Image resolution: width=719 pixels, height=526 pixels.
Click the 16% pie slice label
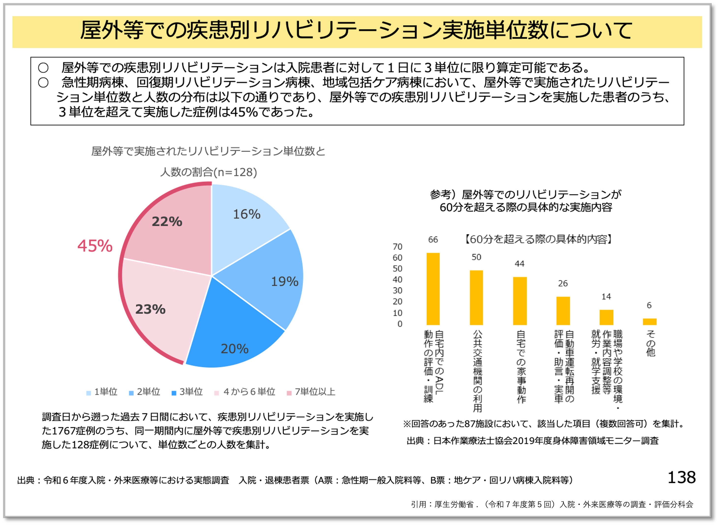tap(247, 214)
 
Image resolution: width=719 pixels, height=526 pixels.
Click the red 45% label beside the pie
tap(95, 246)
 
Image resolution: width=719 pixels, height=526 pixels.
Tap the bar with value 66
tap(433, 289)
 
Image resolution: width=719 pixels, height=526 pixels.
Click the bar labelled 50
tap(476, 298)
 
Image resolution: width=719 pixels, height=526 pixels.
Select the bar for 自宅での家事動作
tap(520, 301)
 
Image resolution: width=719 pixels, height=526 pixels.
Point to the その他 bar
tap(650, 321)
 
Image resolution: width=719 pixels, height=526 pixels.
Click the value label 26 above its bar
tap(563, 283)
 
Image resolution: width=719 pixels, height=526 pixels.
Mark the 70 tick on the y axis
tap(398, 247)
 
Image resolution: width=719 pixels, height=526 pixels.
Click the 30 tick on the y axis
tap(398, 290)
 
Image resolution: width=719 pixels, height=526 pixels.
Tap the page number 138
tap(681, 478)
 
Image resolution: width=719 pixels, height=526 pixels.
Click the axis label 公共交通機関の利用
tap(477, 371)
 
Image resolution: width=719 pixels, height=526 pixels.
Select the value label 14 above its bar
tap(606, 297)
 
